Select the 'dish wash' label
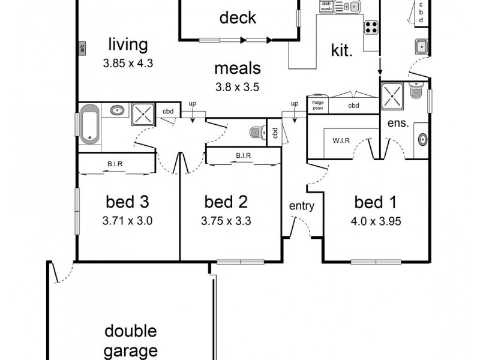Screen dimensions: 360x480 [326, 6]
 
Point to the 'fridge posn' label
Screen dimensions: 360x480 [317, 105]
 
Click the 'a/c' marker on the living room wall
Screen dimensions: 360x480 [82, 49]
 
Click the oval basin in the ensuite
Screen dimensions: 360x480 [422, 140]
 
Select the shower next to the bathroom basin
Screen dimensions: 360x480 [143, 112]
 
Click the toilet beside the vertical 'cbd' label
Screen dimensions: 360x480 [257, 133]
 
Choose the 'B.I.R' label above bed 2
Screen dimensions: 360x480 [243, 156]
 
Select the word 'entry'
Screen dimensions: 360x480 [301, 206]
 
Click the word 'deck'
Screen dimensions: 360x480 [238, 18]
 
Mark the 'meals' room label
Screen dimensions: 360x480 [237, 67]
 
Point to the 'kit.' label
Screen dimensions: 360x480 [341, 50]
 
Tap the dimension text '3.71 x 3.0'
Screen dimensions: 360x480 [127, 220]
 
